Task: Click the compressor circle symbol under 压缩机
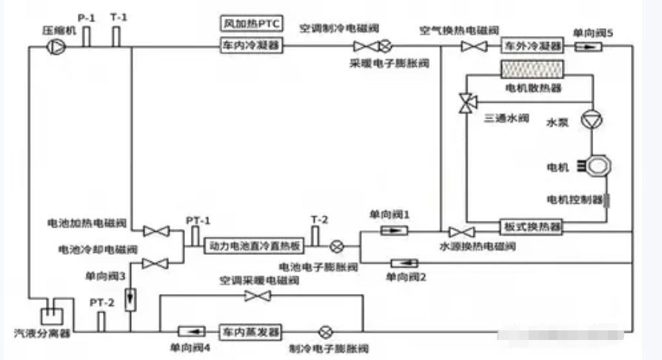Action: (56, 46)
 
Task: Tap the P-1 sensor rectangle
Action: (86, 36)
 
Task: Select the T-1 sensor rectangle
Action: (116, 36)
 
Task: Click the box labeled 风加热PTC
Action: (252, 24)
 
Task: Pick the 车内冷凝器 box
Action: (252, 46)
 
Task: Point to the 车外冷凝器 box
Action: (531, 46)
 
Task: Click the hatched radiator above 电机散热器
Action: (531, 71)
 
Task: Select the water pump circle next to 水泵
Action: (592, 121)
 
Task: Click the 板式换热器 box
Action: (531, 227)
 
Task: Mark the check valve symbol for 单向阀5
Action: (588, 46)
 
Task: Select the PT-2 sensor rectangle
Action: (101, 321)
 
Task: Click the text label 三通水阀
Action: (506, 118)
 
